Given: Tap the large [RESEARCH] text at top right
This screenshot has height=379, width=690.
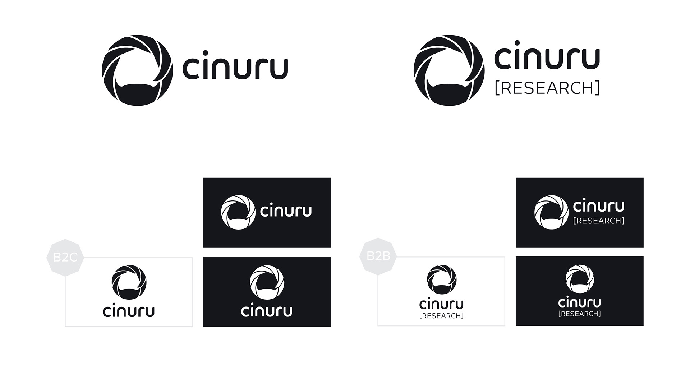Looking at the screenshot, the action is pos(547,88).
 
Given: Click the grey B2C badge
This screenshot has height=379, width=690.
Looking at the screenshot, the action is pos(65,258).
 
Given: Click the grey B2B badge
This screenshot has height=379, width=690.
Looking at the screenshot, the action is pos(378,256).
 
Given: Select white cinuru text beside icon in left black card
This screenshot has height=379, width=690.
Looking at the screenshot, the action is pos(286,211).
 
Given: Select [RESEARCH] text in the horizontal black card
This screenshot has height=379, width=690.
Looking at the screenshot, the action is pos(599,221).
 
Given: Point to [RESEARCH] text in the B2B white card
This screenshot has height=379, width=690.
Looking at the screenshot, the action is pos(441,316).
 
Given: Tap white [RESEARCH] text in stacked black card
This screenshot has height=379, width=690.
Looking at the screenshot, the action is pos(580,314).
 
